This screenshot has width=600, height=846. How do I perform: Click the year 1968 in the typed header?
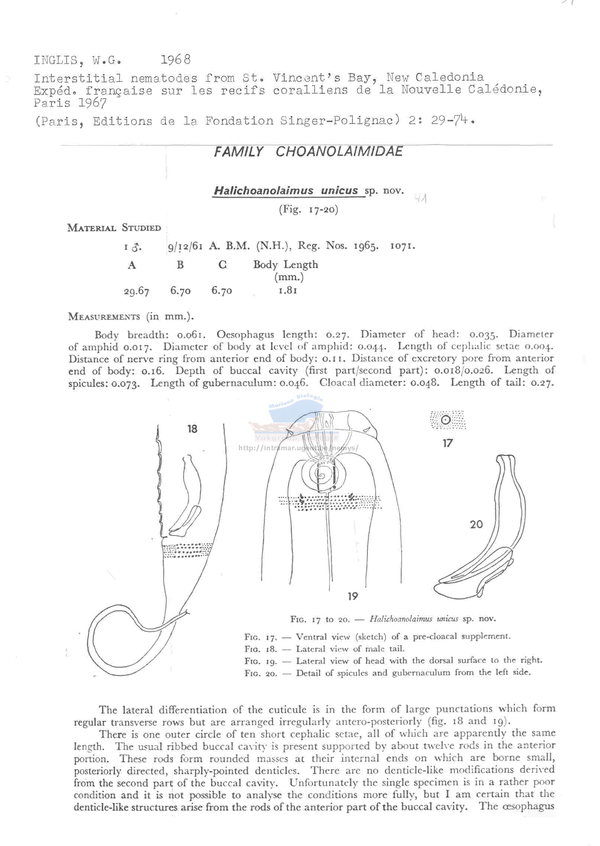176,59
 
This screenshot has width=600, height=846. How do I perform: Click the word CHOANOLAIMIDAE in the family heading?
339,152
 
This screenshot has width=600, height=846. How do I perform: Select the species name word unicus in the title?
339,191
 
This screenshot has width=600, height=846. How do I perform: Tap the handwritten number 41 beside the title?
420,199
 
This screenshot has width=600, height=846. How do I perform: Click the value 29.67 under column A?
136,291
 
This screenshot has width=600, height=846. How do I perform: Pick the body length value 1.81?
288,290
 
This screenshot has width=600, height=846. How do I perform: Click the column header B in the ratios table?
180,265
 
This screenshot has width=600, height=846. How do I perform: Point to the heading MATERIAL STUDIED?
114,228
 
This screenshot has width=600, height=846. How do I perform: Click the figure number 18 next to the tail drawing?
192,429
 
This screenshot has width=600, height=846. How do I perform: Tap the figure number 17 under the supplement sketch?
448,443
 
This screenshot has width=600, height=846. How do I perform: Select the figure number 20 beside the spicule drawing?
476,524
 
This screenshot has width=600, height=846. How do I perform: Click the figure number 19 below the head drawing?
353,596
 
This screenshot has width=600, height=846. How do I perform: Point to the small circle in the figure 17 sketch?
446,420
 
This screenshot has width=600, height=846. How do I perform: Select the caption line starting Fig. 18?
324,649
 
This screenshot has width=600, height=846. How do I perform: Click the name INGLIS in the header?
56,60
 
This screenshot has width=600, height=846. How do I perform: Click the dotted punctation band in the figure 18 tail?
188,551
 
